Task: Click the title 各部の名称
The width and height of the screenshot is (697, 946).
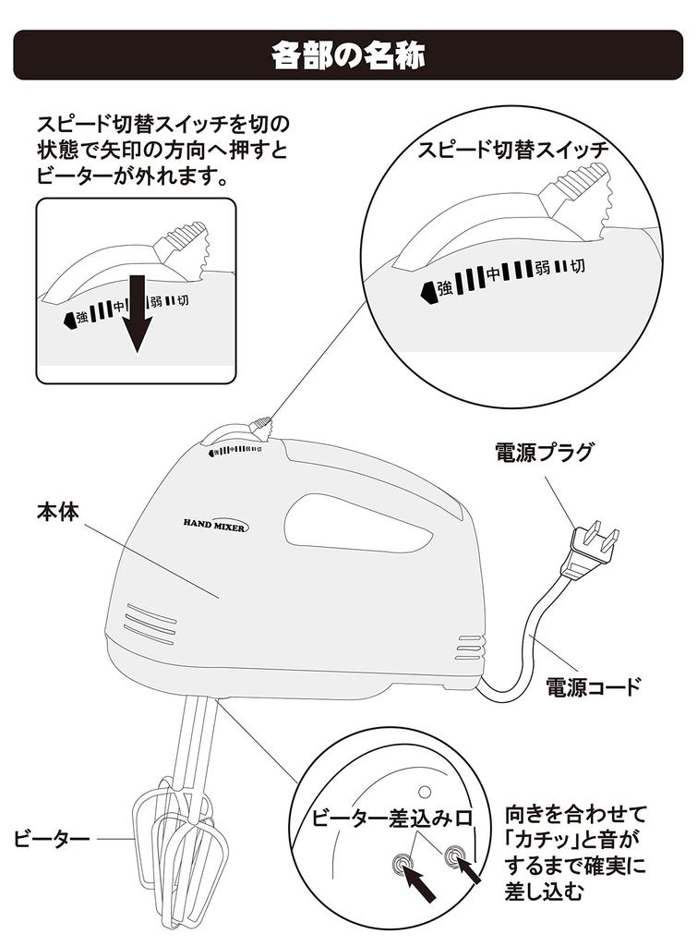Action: pyautogui.click(x=348, y=55)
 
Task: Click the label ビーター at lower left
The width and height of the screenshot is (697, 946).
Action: pyautogui.click(x=52, y=839)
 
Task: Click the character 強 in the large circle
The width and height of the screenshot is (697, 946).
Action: pyautogui.click(x=444, y=288)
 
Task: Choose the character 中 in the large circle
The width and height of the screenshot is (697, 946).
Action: pyautogui.click(x=495, y=273)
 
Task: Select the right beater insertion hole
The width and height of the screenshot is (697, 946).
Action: pyautogui.click(x=453, y=855)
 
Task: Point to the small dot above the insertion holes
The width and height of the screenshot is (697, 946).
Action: pyautogui.click(x=425, y=791)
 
